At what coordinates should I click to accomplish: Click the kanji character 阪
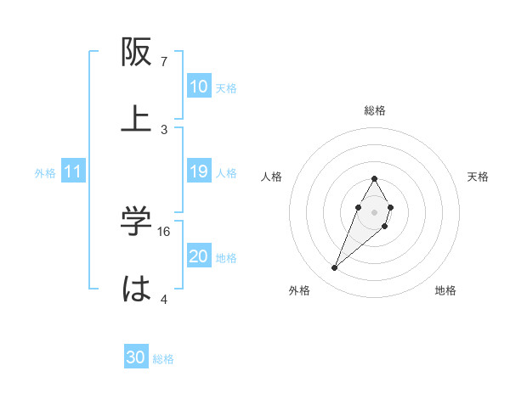tap(138, 53)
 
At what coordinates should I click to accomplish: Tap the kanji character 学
tap(137, 222)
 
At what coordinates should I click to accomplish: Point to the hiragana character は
tap(137, 289)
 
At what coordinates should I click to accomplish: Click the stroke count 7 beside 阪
tap(164, 62)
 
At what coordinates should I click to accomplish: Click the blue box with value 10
tap(199, 87)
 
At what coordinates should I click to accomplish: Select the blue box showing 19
tap(199, 171)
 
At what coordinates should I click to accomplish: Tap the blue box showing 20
tap(199, 256)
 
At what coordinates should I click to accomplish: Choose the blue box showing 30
tap(136, 357)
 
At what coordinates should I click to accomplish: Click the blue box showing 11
tap(73, 171)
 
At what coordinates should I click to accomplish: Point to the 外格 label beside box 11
tap(45, 172)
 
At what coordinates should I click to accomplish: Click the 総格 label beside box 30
tap(163, 359)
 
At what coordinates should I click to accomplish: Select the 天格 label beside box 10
tap(226, 87)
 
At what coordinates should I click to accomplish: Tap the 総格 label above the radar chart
tap(375, 110)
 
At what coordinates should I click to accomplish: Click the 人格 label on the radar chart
tap(272, 177)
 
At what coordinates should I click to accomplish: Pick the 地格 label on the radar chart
tap(445, 291)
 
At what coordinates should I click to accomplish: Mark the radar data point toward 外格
tap(335, 268)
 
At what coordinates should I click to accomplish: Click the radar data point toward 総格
tap(374, 178)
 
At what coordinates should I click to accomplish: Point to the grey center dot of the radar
tap(374, 211)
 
